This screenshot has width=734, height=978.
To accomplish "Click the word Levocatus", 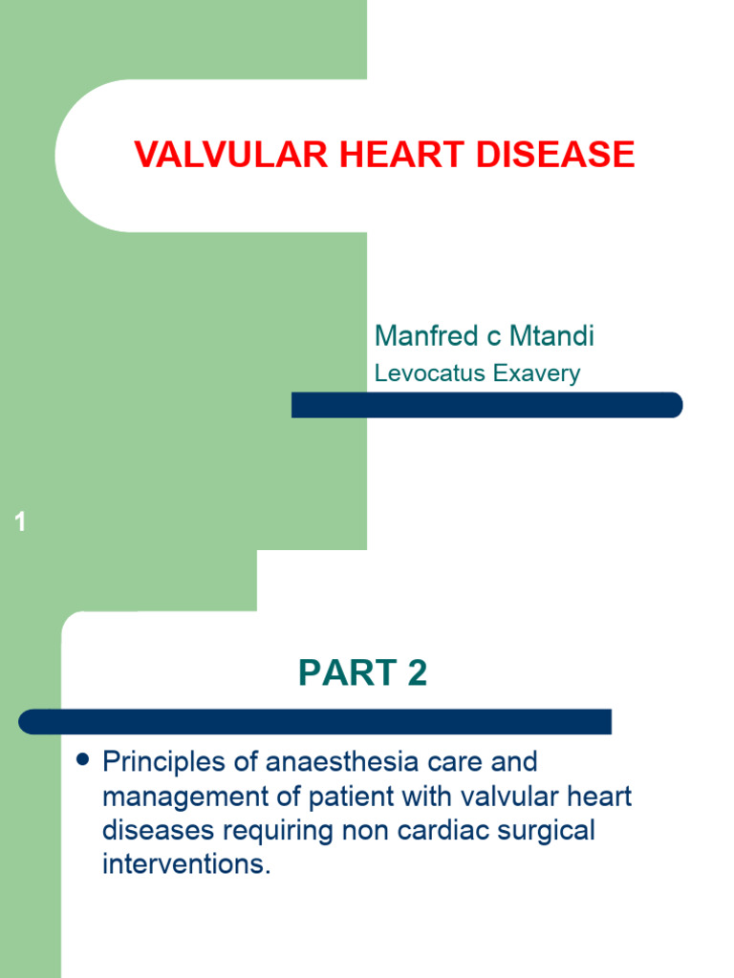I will [430, 373].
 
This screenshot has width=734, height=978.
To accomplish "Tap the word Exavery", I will [537, 373].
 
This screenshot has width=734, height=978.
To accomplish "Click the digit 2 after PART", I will [416, 674].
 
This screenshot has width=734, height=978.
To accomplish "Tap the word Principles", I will [162, 762].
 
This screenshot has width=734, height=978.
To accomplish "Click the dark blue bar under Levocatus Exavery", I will [487, 405].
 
